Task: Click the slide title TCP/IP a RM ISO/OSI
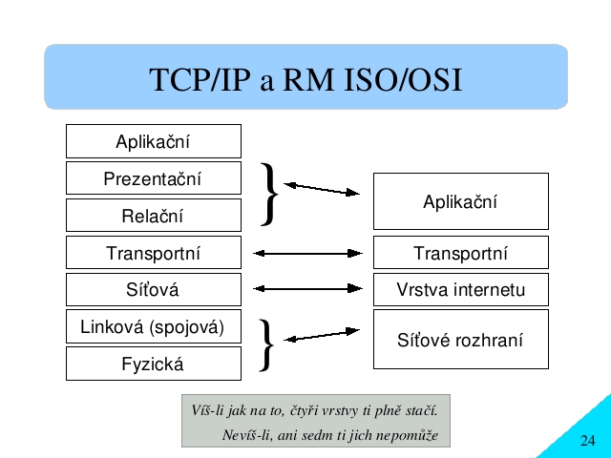305,80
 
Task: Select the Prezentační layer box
154,178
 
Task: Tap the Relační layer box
154,215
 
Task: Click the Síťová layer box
154,289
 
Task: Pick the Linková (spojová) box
154,326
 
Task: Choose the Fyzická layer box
154,364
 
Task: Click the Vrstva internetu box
461,289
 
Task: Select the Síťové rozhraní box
461,340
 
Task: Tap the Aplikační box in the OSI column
154,141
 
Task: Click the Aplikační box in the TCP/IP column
461,201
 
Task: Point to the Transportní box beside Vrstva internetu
461,252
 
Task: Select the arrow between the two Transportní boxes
307,254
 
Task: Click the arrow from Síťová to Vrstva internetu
307,288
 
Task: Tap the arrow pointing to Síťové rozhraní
322,335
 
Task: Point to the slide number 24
588,441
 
